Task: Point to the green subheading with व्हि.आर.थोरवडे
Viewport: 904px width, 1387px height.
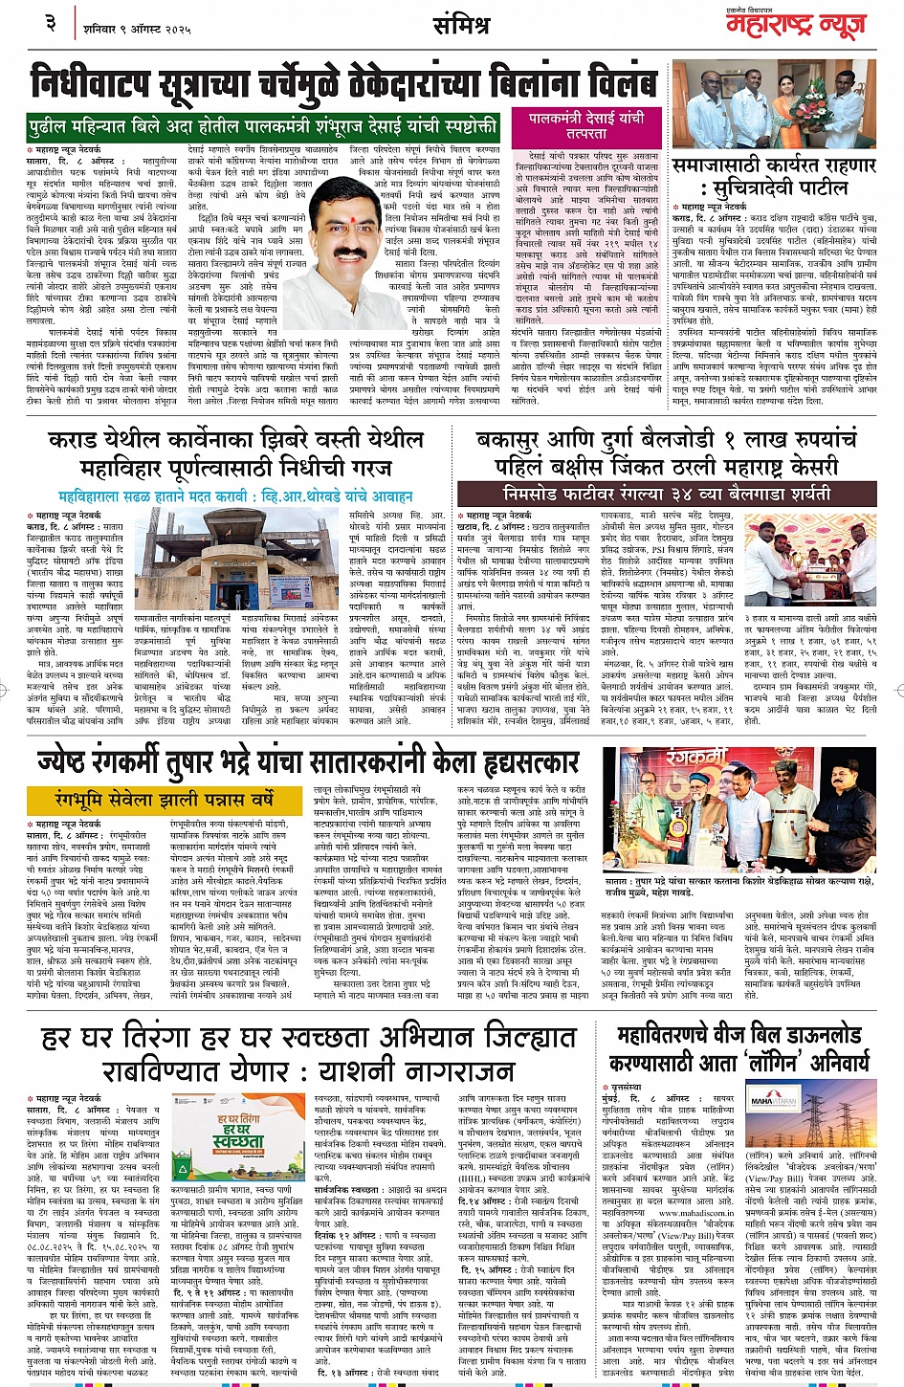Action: coord(234,497)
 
